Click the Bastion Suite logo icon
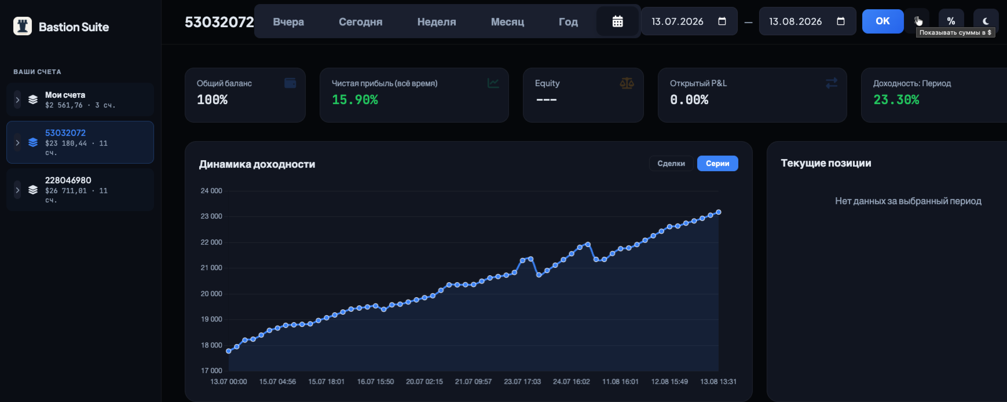pyautogui.click(x=23, y=26)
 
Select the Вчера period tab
pyautogui.click(x=288, y=22)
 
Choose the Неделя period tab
pyautogui.click(x=437, y=22)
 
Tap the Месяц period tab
pyautogui.click(x=507, y=22)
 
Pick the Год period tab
pyautogui.click(x=568, y=22)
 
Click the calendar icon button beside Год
pyautogui.click(x=618, y=21)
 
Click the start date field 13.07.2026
pyautogui.click(x=689, y=21)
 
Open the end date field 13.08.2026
pyautogui.click(x=807, y=21)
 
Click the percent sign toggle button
pyautogui.click(x=951, y=21)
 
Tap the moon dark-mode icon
pyautogui.click(x=986, y=21)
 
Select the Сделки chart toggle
pyautogui.click(x=671, y=164)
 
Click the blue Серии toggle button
pyautogui.click(x=717, y=164)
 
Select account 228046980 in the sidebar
pyautogui.click(x=80, y=190)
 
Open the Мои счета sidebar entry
pyautogui.click(x=80, y=99)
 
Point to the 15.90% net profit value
pyautogui.click(x=355, y=100)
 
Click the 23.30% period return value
pyautogui.click(x=896, y=100)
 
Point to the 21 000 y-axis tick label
pyautogui.click(x=211, y=268)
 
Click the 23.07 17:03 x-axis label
pyautogui.click(x=522, y=382)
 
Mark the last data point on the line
pyautogui.click(x=719, y=212)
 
